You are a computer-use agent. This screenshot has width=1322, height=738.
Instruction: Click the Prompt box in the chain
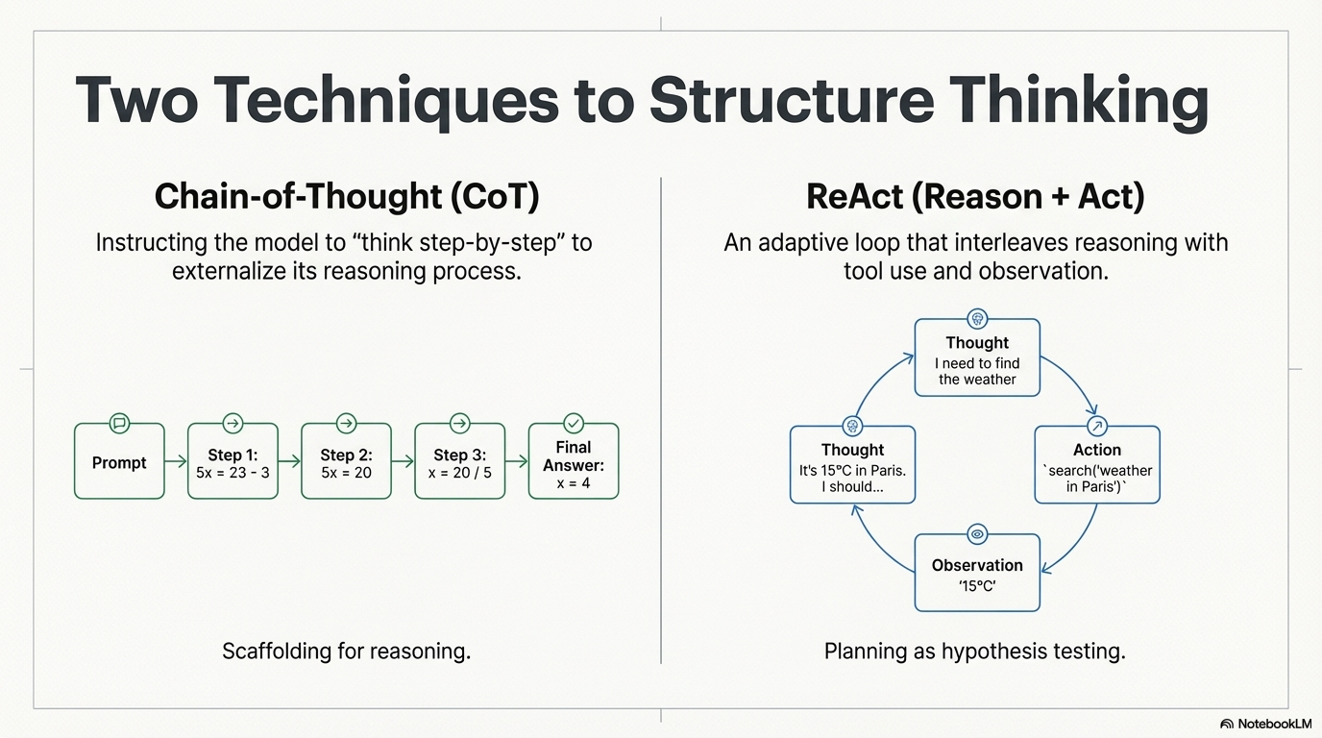pos(119,462)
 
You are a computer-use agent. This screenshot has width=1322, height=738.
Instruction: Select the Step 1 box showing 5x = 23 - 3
pos(233,463)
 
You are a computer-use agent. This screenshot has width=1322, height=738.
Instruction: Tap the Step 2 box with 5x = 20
pos(346,463)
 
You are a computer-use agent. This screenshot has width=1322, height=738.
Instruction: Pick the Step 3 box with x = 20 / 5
pos(459,463)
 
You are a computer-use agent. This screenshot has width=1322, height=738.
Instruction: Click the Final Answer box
pos(574,463)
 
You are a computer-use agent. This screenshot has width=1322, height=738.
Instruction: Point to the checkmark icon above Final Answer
pos(574,423)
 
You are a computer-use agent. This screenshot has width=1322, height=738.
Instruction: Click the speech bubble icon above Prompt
pos(119,423)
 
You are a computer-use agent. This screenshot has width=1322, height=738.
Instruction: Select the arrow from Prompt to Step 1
pos(176,462)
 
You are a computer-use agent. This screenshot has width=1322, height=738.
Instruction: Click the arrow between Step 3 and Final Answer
pos(517,462)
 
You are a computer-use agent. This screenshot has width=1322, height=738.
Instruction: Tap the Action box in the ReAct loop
pos(1097,466)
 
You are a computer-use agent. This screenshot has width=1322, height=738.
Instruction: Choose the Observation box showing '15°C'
pos(977,574)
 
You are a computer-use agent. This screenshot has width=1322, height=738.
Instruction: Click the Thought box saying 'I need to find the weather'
pos(977,359)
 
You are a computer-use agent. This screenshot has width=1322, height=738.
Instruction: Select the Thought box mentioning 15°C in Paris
pos(852,466)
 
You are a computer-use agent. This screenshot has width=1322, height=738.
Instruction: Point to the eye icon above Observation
pos(977,534)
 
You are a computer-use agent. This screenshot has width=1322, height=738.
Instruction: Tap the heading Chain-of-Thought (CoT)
pos(347,196)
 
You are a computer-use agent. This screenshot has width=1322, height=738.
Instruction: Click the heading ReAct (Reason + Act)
pos(975,196)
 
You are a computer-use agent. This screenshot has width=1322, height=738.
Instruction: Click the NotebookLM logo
pos(1265,724)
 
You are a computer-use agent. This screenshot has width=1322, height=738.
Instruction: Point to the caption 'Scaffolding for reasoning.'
pos(347,652)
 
